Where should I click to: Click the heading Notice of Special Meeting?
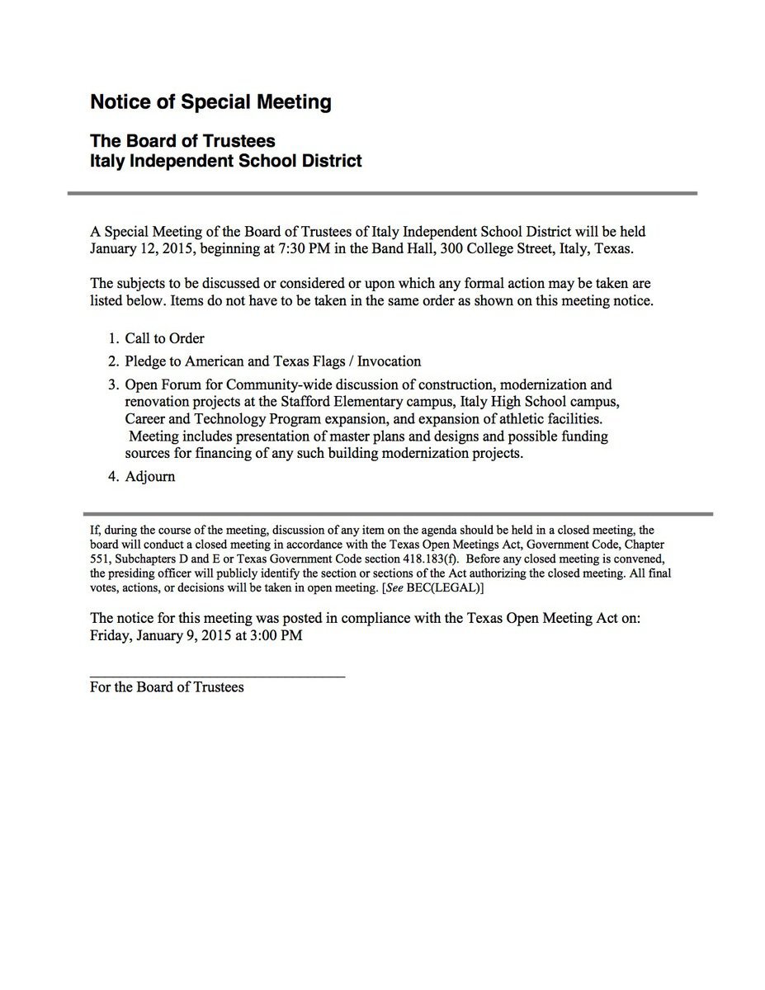(210, 102)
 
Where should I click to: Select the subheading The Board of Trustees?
(182, 141)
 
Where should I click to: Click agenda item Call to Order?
(164, 338)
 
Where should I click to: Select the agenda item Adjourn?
(150, 477)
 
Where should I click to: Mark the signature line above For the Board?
(217, 676)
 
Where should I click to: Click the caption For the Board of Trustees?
(167, 686)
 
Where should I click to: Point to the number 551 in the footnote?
(99, 559)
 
